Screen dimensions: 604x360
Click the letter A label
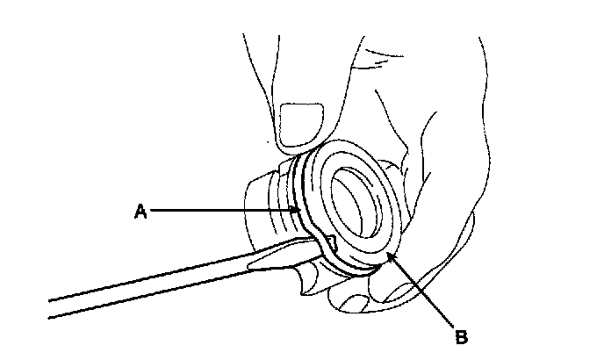[139, 211]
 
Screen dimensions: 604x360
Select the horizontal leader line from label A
[219, 211]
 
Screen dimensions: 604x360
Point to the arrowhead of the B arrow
[390, 256]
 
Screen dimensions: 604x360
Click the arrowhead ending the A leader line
[297, 211]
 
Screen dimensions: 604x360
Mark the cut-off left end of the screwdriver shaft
[51, 307]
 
